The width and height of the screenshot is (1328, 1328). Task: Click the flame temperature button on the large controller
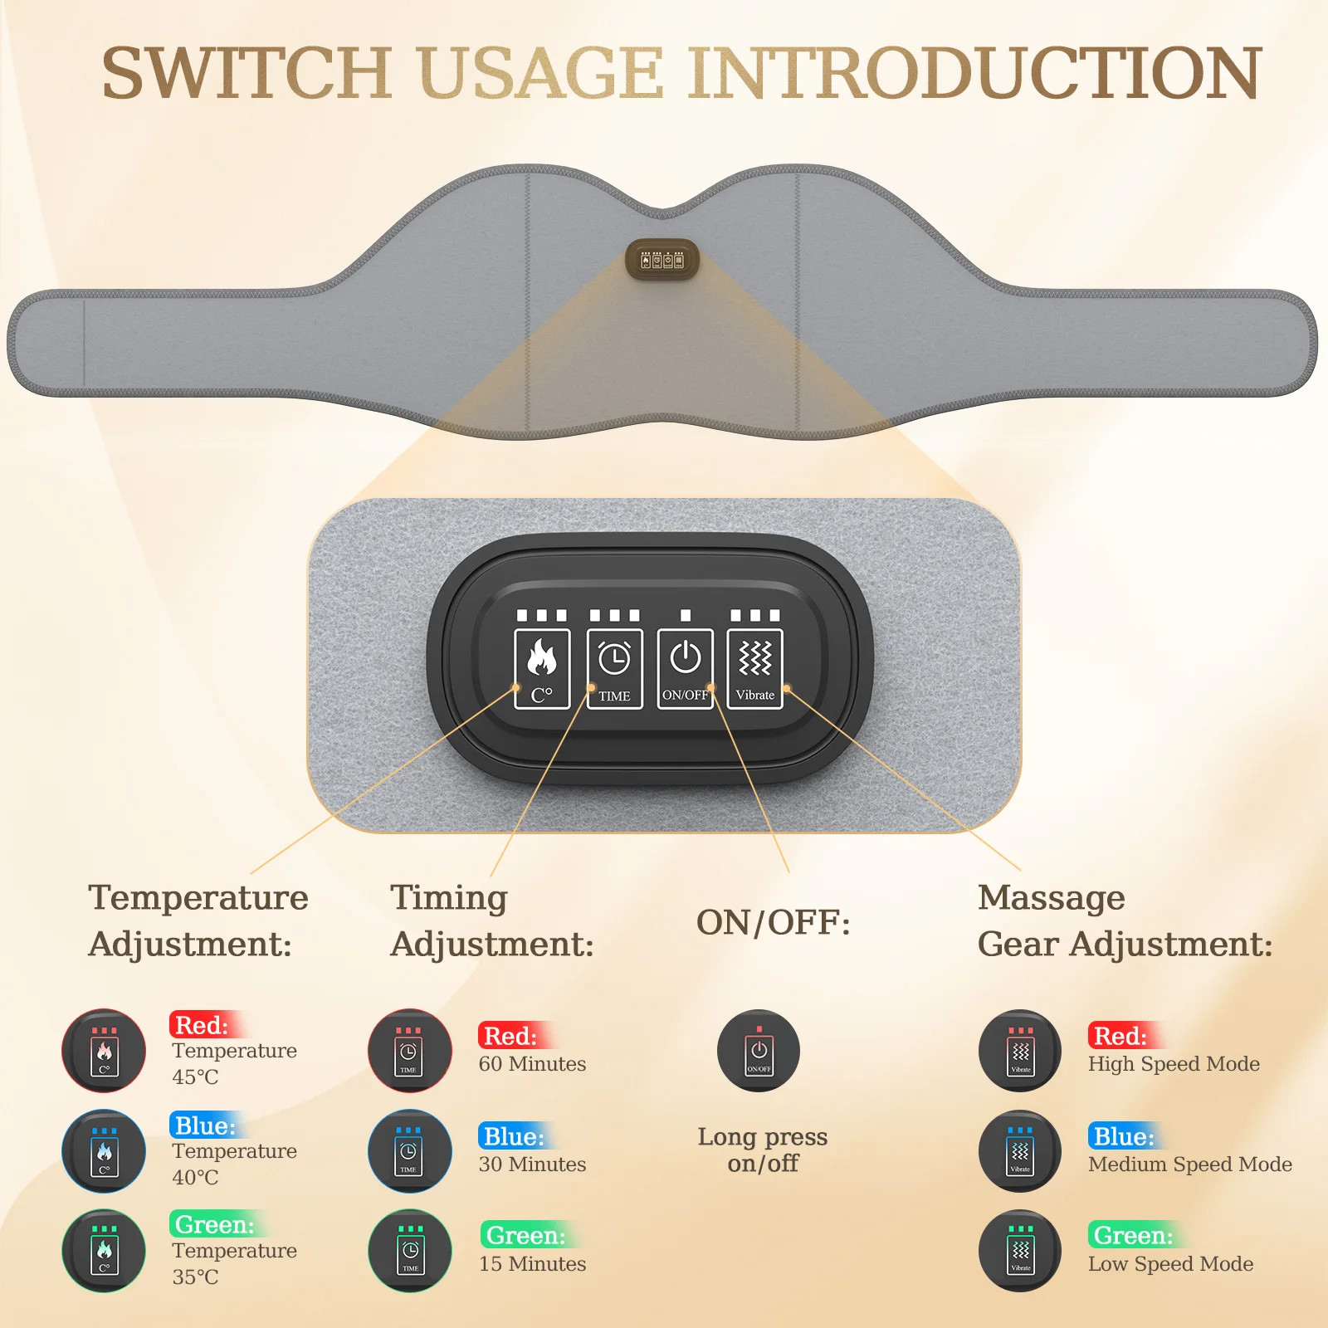542,669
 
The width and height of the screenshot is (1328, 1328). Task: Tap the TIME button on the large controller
614,669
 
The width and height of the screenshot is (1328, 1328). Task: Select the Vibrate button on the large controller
755,669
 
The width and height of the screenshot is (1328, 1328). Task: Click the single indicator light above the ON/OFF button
686,615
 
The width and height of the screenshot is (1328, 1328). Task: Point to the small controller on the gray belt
662,260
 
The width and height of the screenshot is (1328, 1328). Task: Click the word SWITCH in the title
247,73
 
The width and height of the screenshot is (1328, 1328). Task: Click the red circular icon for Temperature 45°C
104,1051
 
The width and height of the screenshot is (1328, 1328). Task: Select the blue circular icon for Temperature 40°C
104,1151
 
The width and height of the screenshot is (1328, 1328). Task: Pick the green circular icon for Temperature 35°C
104,1251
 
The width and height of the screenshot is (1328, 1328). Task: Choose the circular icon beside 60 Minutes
410,1051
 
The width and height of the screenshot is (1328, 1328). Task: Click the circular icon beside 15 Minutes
410,1251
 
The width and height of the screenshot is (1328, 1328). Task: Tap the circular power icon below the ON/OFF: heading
759,1051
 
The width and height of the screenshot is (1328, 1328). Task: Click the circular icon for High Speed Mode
1020,1051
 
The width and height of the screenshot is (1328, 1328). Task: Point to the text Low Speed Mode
1171,1264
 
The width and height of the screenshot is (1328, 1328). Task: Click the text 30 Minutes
532,1164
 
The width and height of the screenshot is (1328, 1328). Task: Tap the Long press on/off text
763,1150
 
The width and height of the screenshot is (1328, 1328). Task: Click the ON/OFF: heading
774,922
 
